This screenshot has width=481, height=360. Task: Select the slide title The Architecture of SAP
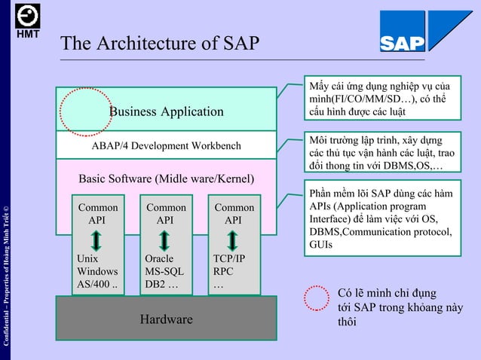coord(160,44)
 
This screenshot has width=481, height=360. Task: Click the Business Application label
coord(167,111)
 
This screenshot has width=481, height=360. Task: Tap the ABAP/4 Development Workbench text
coord(166,145)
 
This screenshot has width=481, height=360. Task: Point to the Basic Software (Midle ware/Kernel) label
coord(167,179)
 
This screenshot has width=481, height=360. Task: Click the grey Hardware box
coord(166,319)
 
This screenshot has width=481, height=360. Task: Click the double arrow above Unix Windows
coord(97,240)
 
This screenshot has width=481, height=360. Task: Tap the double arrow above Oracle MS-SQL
coord(165,240)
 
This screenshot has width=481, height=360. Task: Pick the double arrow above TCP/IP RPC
coord(233,240)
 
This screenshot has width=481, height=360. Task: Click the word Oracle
coord(159,258)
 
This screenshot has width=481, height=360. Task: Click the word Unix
coord(87,258)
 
